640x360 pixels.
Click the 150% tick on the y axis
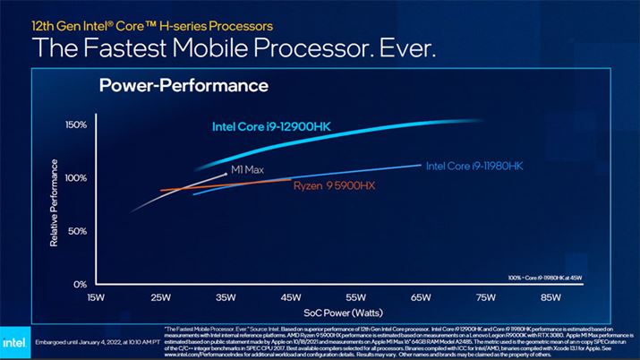74,124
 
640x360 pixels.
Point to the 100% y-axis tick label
74,178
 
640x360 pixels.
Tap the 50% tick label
76,231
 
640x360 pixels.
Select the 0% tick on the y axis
79,284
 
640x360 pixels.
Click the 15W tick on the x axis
95,296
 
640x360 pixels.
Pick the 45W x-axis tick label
291,296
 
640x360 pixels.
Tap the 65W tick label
422,296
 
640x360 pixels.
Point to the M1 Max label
247,168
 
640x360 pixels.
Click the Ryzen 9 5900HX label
334,187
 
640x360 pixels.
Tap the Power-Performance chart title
183,86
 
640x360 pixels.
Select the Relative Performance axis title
55,202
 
